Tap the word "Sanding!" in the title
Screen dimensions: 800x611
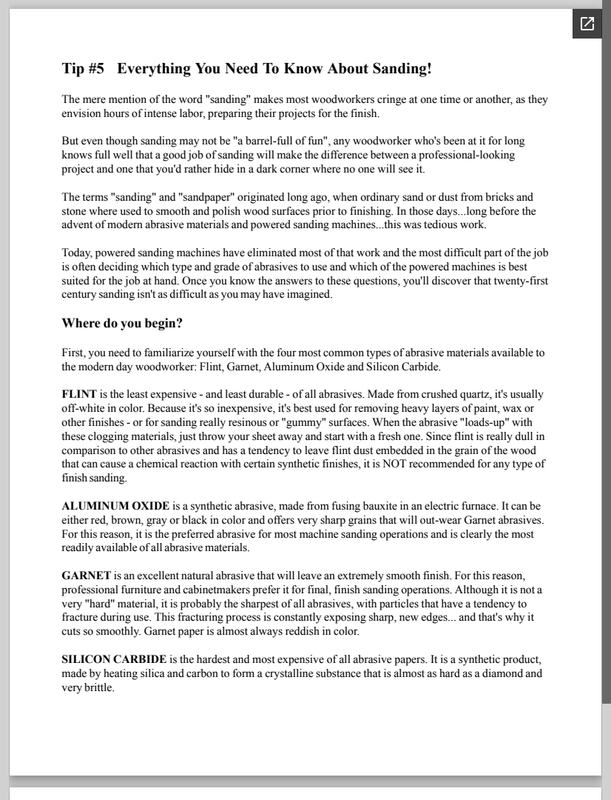click(x=398, y=69)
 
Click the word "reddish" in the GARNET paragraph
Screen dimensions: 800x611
click(x=312, y=633)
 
